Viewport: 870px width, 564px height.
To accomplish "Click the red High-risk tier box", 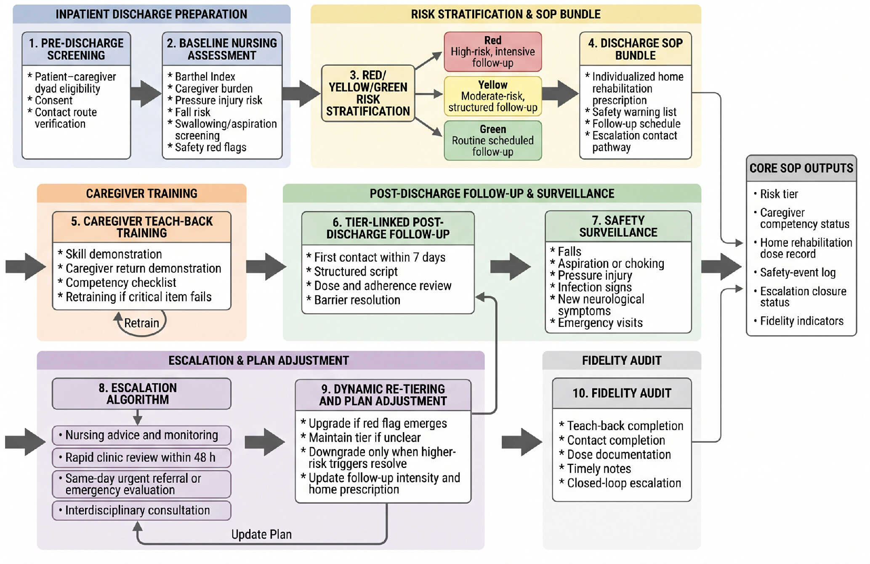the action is point(492,51).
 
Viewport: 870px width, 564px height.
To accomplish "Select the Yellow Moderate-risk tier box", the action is point(492,96).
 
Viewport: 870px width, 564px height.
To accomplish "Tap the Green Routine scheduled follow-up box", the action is point(492,140).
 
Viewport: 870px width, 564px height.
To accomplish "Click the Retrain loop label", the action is point(141,323).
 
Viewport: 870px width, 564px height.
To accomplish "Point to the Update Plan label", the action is point(261,535).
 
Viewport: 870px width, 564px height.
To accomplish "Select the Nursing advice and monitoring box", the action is point(141,435).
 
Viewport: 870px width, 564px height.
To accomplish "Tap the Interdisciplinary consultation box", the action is point(141,511).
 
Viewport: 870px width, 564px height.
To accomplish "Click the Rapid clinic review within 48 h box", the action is point(141,457).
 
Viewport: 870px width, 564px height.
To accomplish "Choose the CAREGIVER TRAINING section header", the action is point(142,193).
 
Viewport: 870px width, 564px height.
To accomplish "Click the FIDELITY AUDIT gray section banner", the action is point(622,361).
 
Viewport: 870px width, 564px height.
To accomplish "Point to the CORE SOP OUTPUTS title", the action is point(801,168).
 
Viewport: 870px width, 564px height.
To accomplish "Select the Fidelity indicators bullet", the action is point(798,321).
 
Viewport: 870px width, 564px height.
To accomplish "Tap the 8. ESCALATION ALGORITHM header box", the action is point(141,394).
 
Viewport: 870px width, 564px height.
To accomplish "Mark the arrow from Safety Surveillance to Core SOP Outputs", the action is point(721,267).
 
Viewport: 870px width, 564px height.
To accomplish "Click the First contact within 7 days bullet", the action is point(376,257).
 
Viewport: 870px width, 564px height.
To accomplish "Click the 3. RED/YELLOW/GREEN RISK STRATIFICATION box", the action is point(368,94).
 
